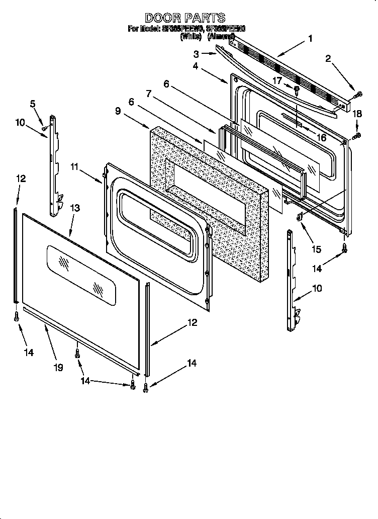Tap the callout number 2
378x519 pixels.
coord(328,59)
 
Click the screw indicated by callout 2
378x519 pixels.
coord(358,94)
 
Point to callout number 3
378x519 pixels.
coord(196,53)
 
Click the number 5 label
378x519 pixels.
coord(33,104)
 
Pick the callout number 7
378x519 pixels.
coord(149,94)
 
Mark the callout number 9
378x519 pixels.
coord(118,112)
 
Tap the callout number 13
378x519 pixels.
coord(74,208)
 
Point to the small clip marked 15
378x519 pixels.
coord(300,217)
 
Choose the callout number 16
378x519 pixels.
coord(320,137)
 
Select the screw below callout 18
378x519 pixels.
coord(358,135)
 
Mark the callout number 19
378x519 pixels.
coord(59,368)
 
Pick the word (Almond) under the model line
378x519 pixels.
coord(221,36)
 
